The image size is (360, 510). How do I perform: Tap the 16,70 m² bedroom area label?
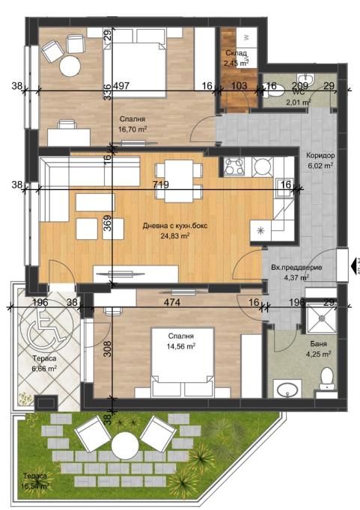[x=132, y=129]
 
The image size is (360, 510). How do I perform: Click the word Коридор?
[x=320, y=156]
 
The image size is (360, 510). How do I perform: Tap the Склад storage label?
[x=237, y=53]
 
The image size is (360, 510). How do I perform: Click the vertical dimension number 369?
[x=107, y=226]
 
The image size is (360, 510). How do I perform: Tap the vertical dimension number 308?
[x=107, y=348]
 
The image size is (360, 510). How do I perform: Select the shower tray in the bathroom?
[x=323, y=322]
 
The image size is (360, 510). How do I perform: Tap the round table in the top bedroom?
[x=70, y=67]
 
